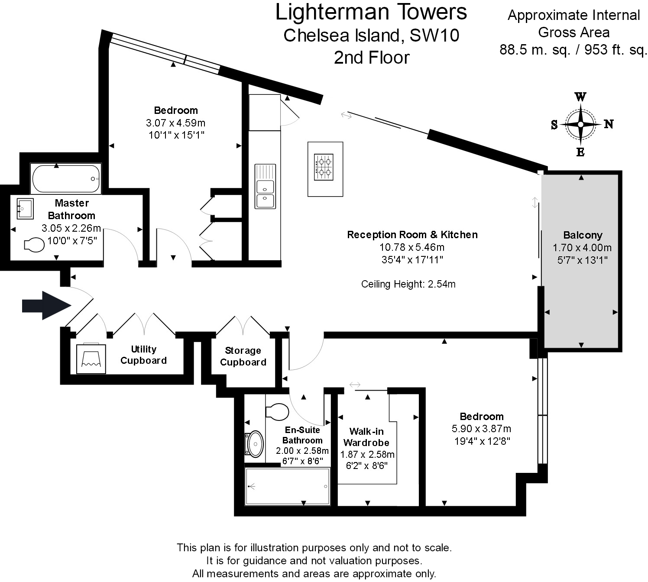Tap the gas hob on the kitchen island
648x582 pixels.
(x=324, y=167)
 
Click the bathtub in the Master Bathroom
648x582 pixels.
(x=66, y=178)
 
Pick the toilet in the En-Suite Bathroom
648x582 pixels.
(x=277, y=412)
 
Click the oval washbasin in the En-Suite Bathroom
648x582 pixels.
(x=255, y=444)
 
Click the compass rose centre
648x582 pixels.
(x=580, y=124)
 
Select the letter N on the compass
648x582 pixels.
(x=609, y=124)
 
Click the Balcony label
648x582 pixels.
(x=583, y=235)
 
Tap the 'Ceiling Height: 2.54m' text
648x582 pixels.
(x=408, y=284)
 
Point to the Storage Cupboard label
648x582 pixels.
(x=243, y=356)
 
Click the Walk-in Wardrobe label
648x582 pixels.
(x=366, y=437)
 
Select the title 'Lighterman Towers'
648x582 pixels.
(x=371, y=12)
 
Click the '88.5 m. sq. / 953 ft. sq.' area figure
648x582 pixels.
(x=573, y=50)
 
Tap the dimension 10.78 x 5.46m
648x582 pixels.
(x=412, y=247)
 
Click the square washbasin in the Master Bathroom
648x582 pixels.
(x=25, y=209)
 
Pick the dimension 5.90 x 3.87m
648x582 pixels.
(x=481, y=429)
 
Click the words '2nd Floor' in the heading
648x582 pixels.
(x=371, y=58)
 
